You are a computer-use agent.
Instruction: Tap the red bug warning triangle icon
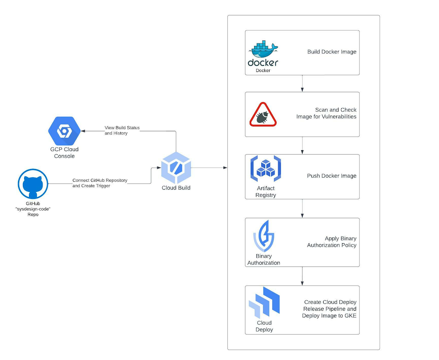[x=263, y=115]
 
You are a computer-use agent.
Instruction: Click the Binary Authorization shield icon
[x=264, y=236]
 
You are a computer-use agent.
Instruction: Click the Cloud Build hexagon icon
[x=176, y=168]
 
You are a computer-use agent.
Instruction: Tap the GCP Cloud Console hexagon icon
[x=65, y=131]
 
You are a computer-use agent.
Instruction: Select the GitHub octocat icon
[x=33, y=184]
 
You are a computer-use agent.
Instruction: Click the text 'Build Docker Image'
[x=331, y=52]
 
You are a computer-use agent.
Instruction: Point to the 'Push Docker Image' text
[x=331, y=176]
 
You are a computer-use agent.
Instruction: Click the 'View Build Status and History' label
[x=122, y=130]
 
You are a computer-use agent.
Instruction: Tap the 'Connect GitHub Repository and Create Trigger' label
[x=100, y=183]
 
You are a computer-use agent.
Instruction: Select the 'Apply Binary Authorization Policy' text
[x=331, y=242]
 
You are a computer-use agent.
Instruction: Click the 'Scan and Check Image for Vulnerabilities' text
[x=326, y=113]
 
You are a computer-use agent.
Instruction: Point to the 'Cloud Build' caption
[x=176, y=188]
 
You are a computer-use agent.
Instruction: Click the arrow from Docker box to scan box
[x=302, y=83]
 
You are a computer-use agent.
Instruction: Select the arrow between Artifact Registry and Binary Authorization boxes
[x=302, y=209]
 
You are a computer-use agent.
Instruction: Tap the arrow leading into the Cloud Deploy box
[x=302, y=276]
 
